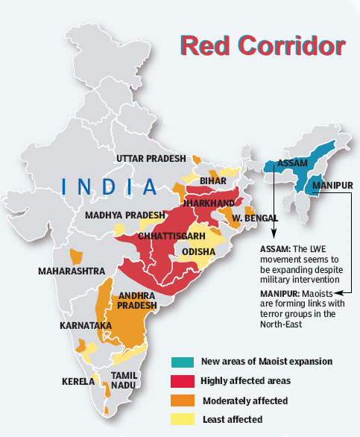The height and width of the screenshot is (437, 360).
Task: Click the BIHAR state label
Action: [x=213, y=181]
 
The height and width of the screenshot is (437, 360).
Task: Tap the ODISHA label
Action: [x=199, y=253]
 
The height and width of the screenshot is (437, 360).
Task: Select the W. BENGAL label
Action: [x=256, y=218]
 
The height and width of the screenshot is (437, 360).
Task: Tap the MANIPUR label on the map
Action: [x=333, y=183]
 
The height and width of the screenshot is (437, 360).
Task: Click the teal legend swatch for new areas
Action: [x=182, y=362]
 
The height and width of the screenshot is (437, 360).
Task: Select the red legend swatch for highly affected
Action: [x=182, y=381]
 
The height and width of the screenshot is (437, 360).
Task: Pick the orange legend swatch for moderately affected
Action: [x=182, y=400]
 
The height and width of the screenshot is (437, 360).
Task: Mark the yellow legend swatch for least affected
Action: [x=182, y=420]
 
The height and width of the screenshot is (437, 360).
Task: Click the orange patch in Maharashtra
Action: [x=75, y=256]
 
